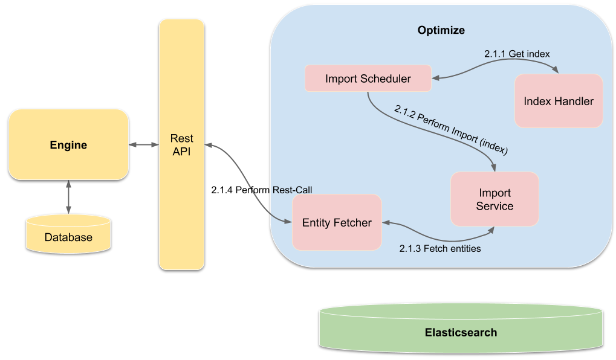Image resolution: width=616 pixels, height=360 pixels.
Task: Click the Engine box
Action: point(68,145)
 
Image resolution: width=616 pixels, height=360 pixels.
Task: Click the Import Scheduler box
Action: point(368,79)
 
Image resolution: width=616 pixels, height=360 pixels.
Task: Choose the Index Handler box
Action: point(559,101)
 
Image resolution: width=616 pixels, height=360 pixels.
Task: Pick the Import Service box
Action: point(494,199)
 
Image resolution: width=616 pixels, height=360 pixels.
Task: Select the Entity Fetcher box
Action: point(337,222)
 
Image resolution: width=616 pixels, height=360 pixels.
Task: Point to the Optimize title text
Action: point(441,30)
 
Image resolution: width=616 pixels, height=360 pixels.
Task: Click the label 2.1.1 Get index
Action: point(517,54)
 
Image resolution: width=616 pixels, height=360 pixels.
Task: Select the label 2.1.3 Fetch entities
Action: point(440,248)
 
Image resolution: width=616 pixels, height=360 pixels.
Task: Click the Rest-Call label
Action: point(293,189)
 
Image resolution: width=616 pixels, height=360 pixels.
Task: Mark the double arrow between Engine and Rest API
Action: point(144,145)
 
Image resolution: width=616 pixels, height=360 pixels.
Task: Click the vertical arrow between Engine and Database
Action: point(68,197)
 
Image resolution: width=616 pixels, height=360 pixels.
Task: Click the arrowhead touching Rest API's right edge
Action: point(209,145)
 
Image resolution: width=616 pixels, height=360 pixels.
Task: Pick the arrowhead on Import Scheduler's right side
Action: point(436,77)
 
